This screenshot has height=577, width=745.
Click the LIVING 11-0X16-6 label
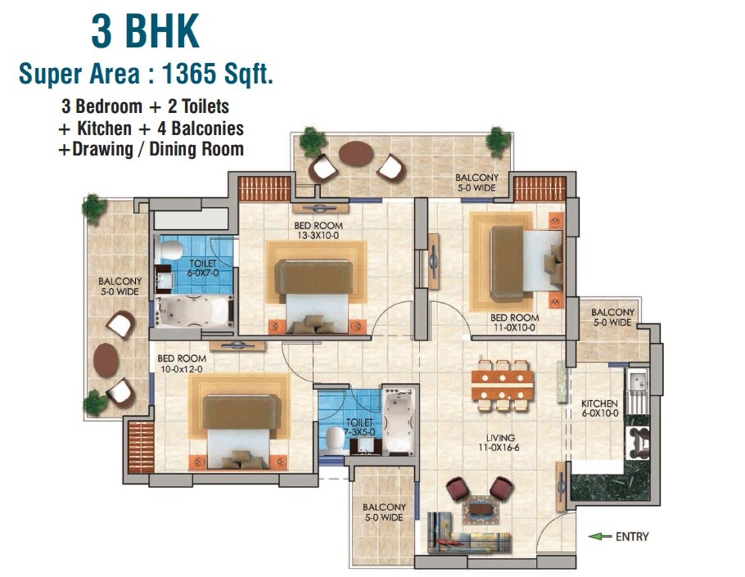point(499,442)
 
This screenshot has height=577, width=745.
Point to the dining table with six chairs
point(502,385)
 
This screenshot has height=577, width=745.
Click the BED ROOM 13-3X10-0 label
point(318,231)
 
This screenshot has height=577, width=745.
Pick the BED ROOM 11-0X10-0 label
point(514,322)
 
